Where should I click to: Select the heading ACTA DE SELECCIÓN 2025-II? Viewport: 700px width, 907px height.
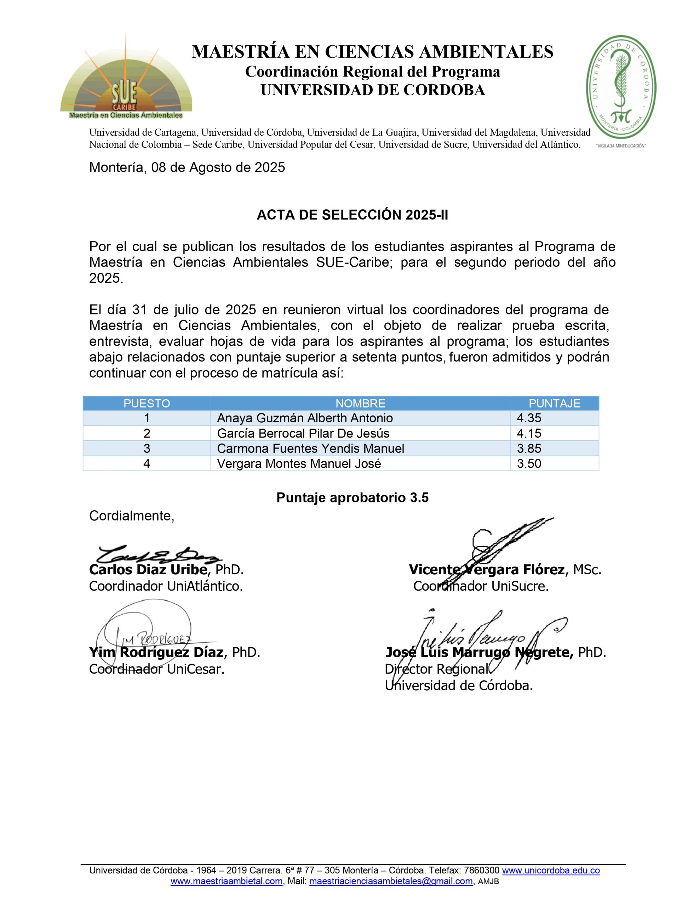pyautogui.click(x=352, y=215)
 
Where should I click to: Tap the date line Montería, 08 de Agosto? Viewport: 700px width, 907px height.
pyautogui.click(x=187, y=167)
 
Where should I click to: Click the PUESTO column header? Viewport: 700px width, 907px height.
pyautogui.click(x=147, y=403)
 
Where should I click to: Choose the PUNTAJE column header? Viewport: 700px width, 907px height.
pyautogui.click(x=554, y=403)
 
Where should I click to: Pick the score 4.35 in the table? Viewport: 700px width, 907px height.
pyautogui.click(x=529, y=418)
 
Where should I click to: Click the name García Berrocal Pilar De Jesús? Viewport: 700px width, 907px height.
pyautogui.click(x=303, y=433)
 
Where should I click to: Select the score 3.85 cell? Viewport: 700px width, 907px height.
pyautogui.click(x=529, y=449)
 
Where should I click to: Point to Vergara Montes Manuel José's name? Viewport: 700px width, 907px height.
pyautogui.click(x=299, y=463)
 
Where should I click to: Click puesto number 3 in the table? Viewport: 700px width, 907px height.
pyautogui.click(x=147, y=449)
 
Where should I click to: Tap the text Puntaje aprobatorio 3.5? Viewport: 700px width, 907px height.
pyautogui.click(x=352, y=497)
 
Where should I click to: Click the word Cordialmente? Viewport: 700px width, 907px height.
pyautogui.click(x=132, y=516)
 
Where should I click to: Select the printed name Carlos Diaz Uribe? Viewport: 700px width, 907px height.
pyautogui.click(x=148, y=569)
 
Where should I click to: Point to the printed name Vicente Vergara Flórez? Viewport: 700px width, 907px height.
pyautogui.click(x=486, y=569)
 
